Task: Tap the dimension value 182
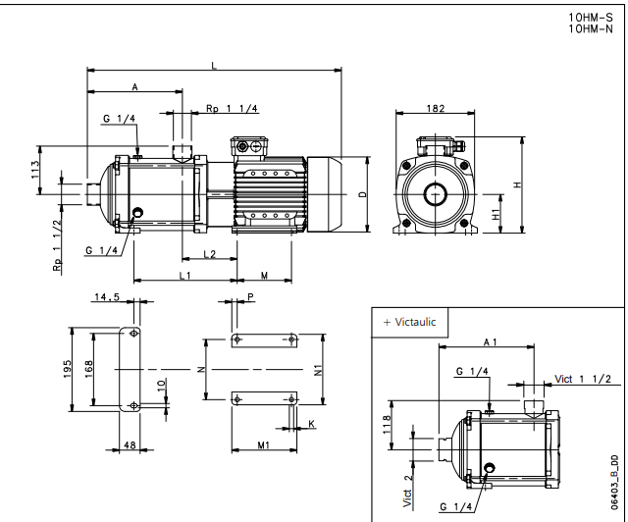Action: [434, 108]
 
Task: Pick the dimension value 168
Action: [88, 367]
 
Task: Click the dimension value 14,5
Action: [107, 295]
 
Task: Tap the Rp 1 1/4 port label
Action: [233, 108]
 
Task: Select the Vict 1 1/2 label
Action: [583, 379]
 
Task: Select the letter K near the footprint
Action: [311, 423]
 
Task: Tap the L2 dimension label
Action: [209, 254]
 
